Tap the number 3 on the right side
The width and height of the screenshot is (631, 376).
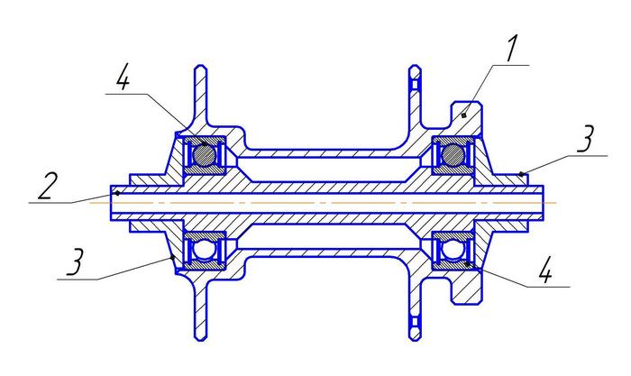pyautogui.click(x=586, y=140)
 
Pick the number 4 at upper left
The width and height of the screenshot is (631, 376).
pyautogui.click(x=123, y=80)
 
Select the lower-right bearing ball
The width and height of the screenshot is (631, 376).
pyautogui.click(x=451, y=249)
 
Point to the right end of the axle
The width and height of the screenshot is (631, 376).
pyautogui.click(x=545, y=201)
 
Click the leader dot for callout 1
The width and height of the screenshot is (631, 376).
pyautogui.click(x=463, y=115)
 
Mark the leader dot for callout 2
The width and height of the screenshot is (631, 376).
pyautogui.click(x=118, y=192)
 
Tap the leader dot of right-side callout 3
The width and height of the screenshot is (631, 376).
pyautogui.click(x=523, y=172)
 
